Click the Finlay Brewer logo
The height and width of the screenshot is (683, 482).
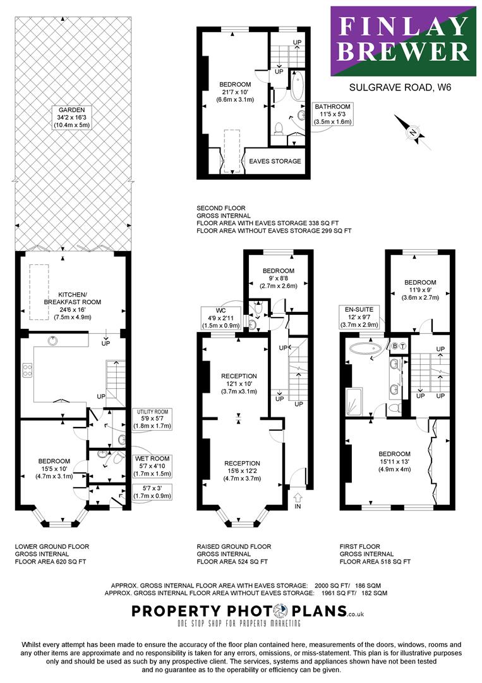pos(403,41)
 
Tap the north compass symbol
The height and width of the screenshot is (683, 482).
pos(413,132)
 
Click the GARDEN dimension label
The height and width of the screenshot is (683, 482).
pos(72,118)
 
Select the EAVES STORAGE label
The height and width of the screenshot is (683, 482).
pos(275,161)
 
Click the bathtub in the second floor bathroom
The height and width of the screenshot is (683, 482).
pos(299,86)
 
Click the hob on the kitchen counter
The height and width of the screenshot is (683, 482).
pos(27,370)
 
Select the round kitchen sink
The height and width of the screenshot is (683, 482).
pos(53,340)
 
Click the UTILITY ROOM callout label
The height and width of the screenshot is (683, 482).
pos(152,419)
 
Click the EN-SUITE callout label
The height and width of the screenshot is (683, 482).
pos(359,317)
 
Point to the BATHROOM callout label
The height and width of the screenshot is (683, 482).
pos(333,114)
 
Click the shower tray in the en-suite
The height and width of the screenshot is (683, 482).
pos(354,400)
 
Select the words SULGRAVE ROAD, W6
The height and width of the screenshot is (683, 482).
pos(401,87)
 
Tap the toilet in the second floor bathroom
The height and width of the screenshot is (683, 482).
pos(279,128)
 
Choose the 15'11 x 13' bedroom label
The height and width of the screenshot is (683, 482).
pos(394,462)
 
